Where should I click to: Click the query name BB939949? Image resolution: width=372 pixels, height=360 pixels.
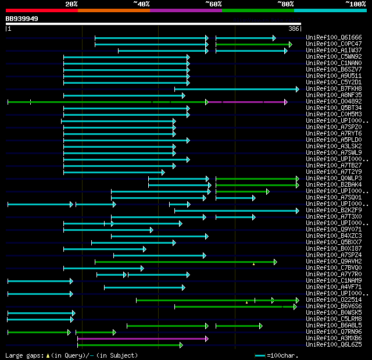click(x=22, y=19)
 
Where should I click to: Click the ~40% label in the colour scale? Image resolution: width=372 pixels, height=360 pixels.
click(x=141, y=4)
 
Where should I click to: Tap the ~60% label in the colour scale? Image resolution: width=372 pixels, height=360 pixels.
click(x=213, y=4)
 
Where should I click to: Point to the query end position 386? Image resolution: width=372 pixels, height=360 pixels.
click(x=294, y=28)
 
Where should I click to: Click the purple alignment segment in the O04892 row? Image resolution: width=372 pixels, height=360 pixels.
click(x=246, y=102)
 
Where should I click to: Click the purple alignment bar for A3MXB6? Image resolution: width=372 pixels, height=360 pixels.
click(x=142, y=338)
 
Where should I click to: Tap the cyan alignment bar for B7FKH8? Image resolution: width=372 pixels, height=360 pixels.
click(x=235, y=89)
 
